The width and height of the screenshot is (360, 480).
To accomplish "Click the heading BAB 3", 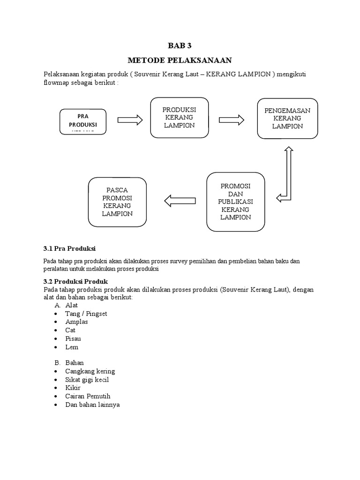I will click(180, 45).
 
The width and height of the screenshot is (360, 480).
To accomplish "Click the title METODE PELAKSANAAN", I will click(180, 60).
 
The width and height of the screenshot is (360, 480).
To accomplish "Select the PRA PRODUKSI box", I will click(82, 121).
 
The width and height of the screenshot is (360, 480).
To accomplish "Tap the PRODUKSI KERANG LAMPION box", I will click(180, 118).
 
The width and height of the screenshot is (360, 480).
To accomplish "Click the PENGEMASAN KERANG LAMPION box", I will click(287, 118).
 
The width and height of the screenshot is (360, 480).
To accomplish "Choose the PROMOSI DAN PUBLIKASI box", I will click(235, 202).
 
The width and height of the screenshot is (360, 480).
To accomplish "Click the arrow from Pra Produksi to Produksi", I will click(130, 120).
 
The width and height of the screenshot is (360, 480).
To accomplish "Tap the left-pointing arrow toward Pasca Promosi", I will click(180, 201).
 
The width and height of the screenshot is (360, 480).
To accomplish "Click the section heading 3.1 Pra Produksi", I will click(69, 248).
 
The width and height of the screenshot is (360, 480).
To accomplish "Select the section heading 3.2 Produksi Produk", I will click(75, 281).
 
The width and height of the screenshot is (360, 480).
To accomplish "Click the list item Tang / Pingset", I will click(86, 314).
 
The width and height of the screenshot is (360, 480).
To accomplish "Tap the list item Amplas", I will click(76, 322).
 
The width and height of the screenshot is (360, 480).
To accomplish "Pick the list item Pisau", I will click(74, 338).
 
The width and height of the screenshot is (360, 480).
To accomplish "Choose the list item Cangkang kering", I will click(90, 371).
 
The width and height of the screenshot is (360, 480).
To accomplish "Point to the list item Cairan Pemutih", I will click(88, 396).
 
